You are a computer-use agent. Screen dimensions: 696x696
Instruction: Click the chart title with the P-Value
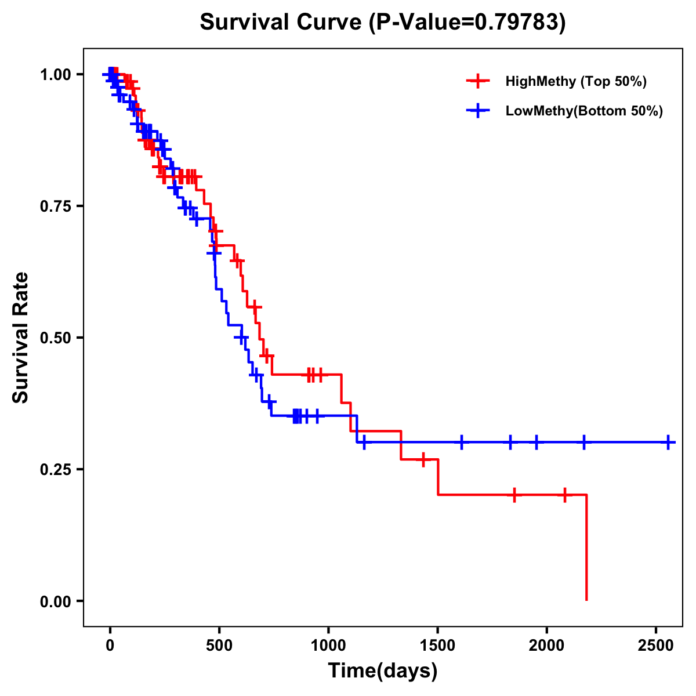[382, 23]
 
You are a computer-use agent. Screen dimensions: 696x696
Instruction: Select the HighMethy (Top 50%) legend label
[575, 81]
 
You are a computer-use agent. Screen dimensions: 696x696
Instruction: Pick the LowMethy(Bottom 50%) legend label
[584, 111]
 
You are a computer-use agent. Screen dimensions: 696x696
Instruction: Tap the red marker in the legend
[478, 81]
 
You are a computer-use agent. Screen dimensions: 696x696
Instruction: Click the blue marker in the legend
[478, 110]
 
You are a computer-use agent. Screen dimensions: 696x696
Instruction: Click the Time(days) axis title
[383, 671]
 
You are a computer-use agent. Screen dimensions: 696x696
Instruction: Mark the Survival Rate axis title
[21, 338]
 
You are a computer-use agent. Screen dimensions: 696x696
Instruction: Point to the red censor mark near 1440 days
[423, 459]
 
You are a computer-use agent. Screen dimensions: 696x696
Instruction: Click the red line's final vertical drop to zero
[586, 548]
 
